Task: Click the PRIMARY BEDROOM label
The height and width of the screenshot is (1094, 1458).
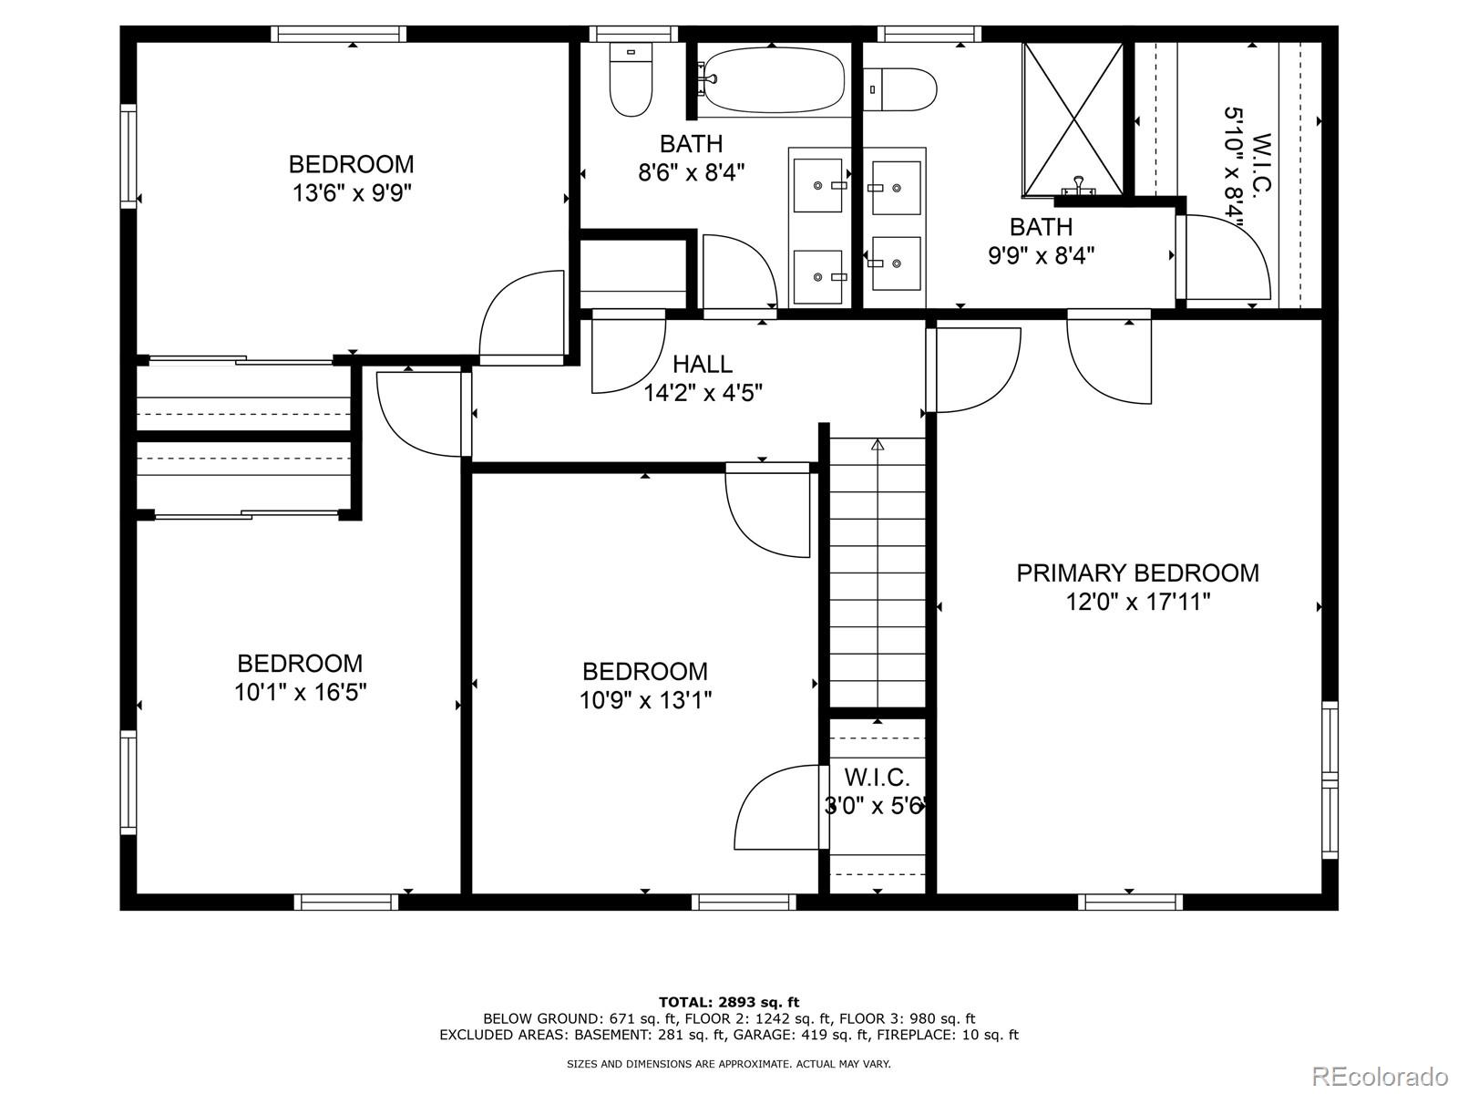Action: pos(1137,573)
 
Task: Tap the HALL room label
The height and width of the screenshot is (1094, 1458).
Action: pos(702,365)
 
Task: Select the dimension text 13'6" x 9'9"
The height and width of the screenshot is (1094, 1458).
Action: pos(351,193)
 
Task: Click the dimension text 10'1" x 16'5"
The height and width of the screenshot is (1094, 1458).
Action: pos(300,693)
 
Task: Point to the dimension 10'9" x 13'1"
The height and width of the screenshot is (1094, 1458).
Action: pos(645,701)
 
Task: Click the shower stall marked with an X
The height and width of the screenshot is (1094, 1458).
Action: pos(1073,119)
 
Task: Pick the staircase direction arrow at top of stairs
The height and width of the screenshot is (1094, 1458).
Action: pos(878,445)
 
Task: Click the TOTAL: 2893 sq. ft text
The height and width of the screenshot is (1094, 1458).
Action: pos(728,1002)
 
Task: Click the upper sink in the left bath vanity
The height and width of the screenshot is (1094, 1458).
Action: pos(818,186)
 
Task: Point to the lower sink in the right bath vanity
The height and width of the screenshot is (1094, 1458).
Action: pos(896,263)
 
